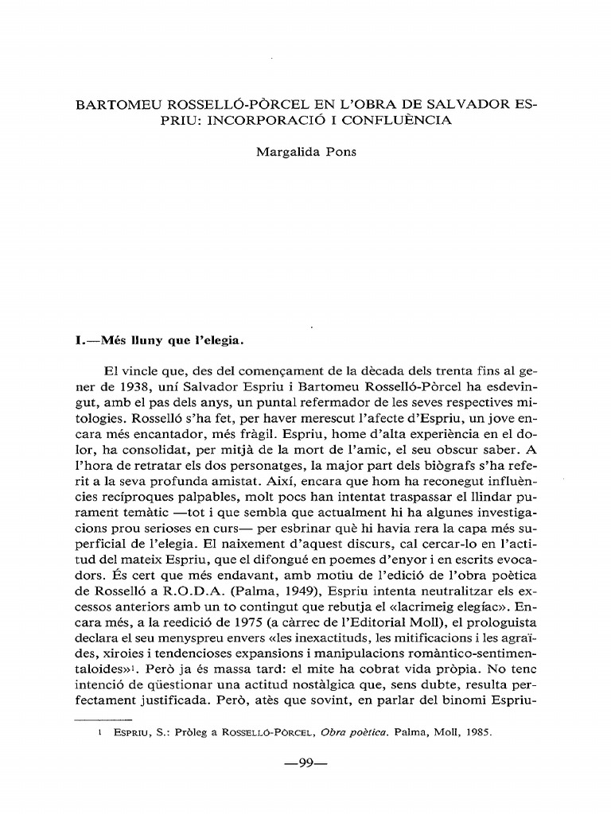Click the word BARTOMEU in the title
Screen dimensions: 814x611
pos(111,104)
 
